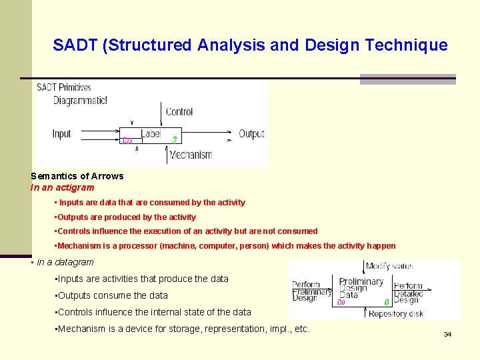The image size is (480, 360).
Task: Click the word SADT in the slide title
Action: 74,45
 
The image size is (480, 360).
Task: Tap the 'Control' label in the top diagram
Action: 179,112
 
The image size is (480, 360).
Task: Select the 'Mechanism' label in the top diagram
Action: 191,155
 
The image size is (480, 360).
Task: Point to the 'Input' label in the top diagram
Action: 61,134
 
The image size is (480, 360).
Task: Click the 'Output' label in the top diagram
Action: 251,134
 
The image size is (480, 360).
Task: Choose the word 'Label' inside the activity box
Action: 151,133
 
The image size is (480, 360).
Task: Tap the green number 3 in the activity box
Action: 175,140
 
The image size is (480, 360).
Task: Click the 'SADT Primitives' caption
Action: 63,87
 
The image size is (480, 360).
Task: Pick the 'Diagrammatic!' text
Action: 80,100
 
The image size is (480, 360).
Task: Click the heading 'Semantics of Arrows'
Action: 77,176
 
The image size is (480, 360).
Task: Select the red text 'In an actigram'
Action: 63,187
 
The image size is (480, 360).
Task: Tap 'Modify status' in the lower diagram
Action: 390,266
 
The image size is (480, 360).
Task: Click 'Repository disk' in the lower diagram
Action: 395,314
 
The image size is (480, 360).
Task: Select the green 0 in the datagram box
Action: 387,302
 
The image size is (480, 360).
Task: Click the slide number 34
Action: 447,334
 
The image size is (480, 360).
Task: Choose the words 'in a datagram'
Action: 65,262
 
